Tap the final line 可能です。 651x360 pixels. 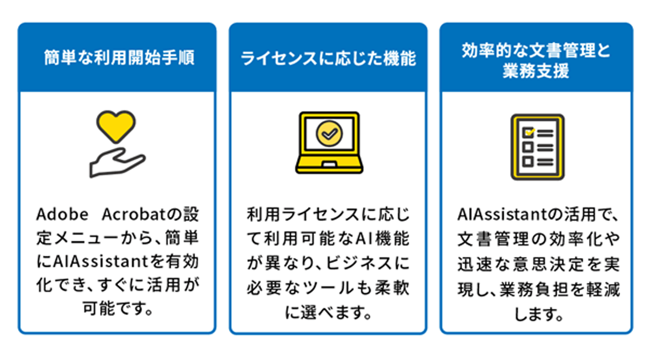(x=117, y=311)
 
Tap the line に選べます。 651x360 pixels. (x=328, y=311)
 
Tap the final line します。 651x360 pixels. (x=538, y=312)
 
